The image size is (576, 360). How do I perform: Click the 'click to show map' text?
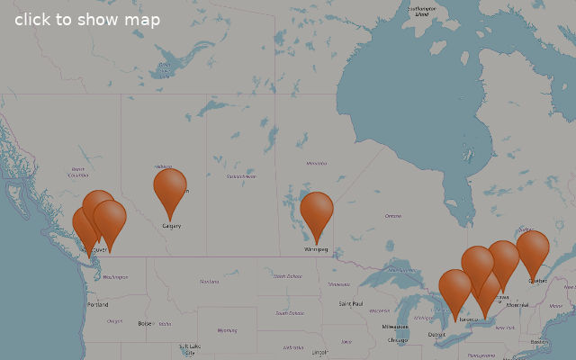87,20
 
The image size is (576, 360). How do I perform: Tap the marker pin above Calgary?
169,189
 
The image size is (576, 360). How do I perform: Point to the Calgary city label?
171,226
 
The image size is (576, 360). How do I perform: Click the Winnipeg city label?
316,249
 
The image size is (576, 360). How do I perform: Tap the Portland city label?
97,305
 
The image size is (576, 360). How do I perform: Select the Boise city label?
145,323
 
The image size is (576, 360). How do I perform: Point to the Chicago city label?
397,340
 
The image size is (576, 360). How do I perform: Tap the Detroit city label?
436,335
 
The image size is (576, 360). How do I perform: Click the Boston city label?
539,342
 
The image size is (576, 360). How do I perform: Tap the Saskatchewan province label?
241,176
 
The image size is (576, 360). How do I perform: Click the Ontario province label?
393,216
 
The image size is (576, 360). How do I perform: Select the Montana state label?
210,282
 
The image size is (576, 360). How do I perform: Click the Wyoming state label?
228,330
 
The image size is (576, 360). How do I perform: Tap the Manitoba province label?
316,163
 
